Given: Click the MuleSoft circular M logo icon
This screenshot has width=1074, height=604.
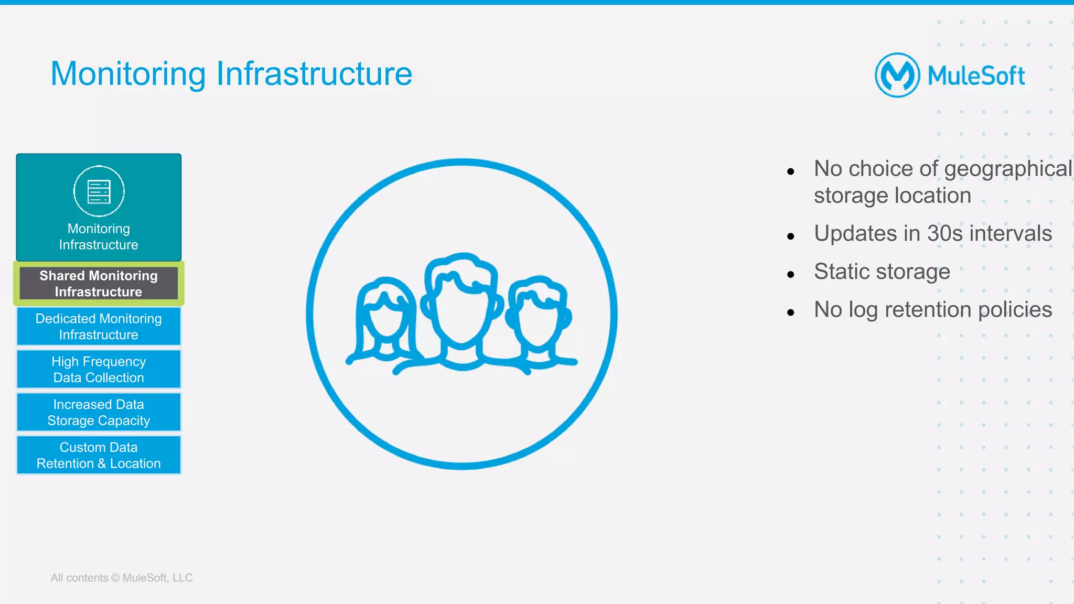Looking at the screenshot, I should (897, 75).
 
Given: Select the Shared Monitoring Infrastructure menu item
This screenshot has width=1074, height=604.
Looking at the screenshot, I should (99, 284).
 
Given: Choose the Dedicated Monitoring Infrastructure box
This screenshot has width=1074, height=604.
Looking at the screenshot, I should (99, 327).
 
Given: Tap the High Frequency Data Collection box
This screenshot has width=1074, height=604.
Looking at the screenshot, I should (99, 370).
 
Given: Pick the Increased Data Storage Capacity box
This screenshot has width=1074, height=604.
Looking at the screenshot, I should (99, 413).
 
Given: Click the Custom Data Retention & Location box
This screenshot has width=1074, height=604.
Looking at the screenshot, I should (99, 456).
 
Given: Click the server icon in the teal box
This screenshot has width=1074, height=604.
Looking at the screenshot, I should (99, 191).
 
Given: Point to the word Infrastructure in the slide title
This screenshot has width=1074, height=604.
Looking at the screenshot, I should (314, 73).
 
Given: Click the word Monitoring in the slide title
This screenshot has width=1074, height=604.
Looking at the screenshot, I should (128, 73).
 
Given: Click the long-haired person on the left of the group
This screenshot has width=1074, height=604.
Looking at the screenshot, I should (385, 320).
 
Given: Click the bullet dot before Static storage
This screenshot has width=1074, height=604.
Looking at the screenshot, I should (791, 274).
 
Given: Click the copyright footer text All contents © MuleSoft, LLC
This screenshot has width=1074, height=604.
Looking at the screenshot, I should (122, 578).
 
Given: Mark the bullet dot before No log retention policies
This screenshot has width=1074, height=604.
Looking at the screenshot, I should (791, 312).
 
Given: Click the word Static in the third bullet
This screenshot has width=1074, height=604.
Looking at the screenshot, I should (841, 272).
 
